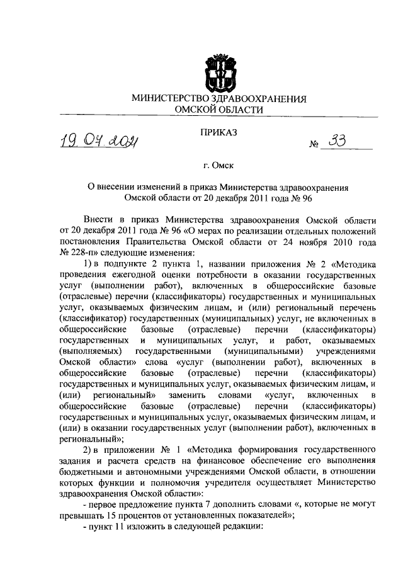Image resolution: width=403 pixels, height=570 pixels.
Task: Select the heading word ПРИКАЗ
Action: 219,133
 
